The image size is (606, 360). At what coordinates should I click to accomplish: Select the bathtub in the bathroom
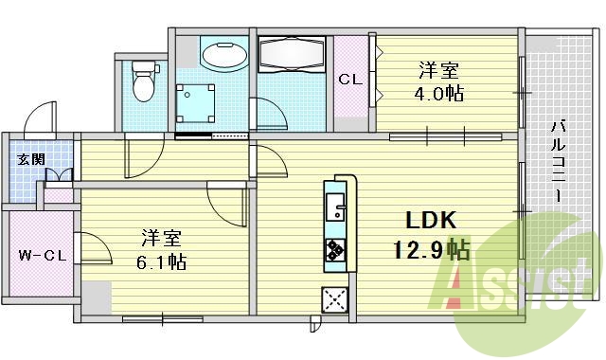291,55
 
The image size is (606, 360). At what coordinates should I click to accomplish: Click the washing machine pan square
196,103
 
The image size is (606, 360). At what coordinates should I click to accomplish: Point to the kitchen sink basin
334,207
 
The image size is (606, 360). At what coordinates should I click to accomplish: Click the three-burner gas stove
335,250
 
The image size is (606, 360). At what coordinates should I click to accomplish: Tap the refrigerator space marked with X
334,299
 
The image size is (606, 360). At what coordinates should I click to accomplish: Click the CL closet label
350,80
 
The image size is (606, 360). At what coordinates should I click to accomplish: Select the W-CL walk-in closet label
43,255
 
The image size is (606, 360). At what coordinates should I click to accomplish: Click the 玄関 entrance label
31,159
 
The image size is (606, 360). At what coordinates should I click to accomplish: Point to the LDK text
431,221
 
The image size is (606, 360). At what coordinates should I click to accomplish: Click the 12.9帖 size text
432,249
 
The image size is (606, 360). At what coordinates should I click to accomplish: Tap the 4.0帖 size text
439,93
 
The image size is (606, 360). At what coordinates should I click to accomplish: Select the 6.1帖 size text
162,261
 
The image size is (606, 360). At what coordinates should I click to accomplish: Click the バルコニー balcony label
558,161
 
